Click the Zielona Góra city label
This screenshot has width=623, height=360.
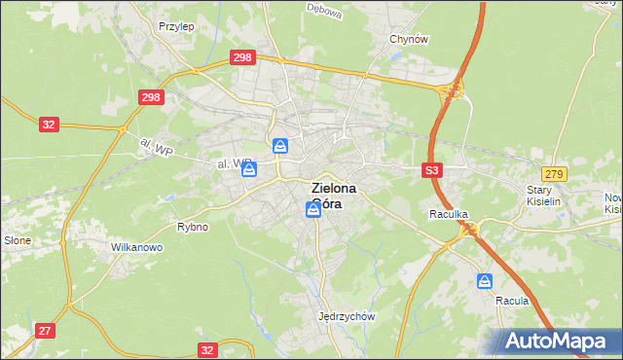[333, 197]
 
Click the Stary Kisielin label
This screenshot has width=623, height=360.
[545, 196]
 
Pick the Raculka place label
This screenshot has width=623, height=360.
[450, 213]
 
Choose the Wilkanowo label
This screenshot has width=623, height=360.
[136, 247]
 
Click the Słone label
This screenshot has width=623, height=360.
[18, 240]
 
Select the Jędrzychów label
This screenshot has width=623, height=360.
[347, 316]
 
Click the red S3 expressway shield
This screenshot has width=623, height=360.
[433, 170]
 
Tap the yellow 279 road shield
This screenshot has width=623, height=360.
[554, 172]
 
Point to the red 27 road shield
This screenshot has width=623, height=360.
[45, 331]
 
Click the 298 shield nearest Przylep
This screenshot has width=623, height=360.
[242, 58]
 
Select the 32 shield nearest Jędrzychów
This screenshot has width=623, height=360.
[207, 349]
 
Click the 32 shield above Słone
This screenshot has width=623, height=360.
[50, 125]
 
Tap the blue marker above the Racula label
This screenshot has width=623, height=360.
[485, 280]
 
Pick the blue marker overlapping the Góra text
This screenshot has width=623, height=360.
[312, 209]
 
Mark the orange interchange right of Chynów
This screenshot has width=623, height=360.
[453, 91]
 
